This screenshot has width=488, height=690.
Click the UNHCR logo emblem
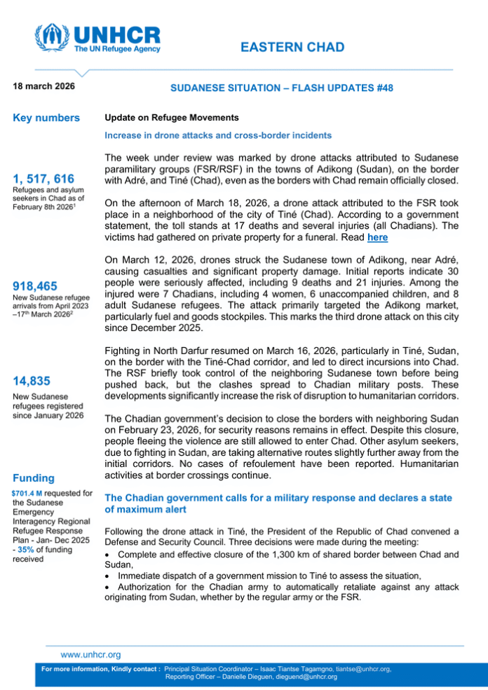[x=53, y=39]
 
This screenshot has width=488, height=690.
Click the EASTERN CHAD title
[x=292, y=48]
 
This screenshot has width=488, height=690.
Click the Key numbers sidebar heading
[x=46, y=118]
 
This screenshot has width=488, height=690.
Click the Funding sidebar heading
[x=34, y=478]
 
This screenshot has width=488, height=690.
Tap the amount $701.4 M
[x=26, y=493]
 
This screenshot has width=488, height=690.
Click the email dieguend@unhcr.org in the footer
[x=297, y=677]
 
